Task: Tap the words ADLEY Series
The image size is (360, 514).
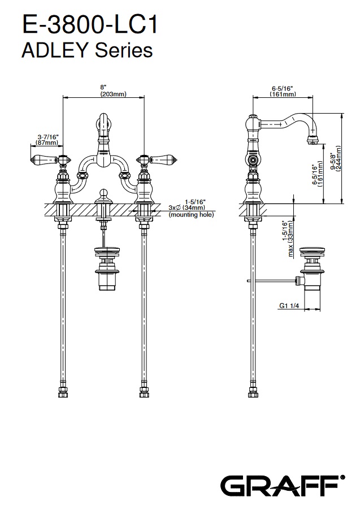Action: click(x=86, y=50)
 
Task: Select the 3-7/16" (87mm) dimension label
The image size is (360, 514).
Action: click(x=48, y=140)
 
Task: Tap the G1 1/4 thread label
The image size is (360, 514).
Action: click(x=289, y=306)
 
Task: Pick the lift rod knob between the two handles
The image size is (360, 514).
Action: click(x=103, y=195)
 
